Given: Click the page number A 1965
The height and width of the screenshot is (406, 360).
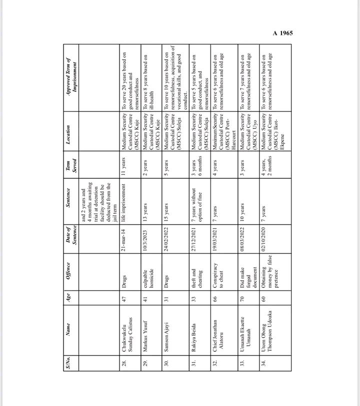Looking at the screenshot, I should pyautogui.click(x=282, y=33).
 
